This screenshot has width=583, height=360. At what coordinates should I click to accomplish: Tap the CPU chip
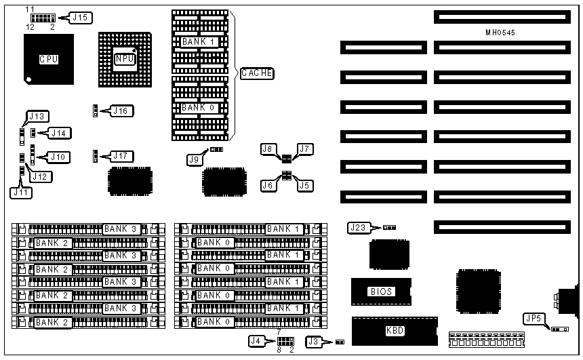[48, 60]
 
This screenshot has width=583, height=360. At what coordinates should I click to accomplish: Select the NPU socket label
[124, 59]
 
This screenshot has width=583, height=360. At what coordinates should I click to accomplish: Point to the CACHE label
[255, 73]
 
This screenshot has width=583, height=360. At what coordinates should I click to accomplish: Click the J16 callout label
[123, 110]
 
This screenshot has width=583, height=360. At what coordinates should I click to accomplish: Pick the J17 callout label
[123, 156]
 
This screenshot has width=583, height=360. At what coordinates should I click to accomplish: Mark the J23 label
[359, 228]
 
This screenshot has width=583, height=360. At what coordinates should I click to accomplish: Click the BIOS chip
[380, 292]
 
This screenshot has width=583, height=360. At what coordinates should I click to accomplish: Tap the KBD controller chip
[395, 332]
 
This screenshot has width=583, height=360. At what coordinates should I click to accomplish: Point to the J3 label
[315, 342]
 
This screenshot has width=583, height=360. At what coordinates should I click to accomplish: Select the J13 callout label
[36, 116]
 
